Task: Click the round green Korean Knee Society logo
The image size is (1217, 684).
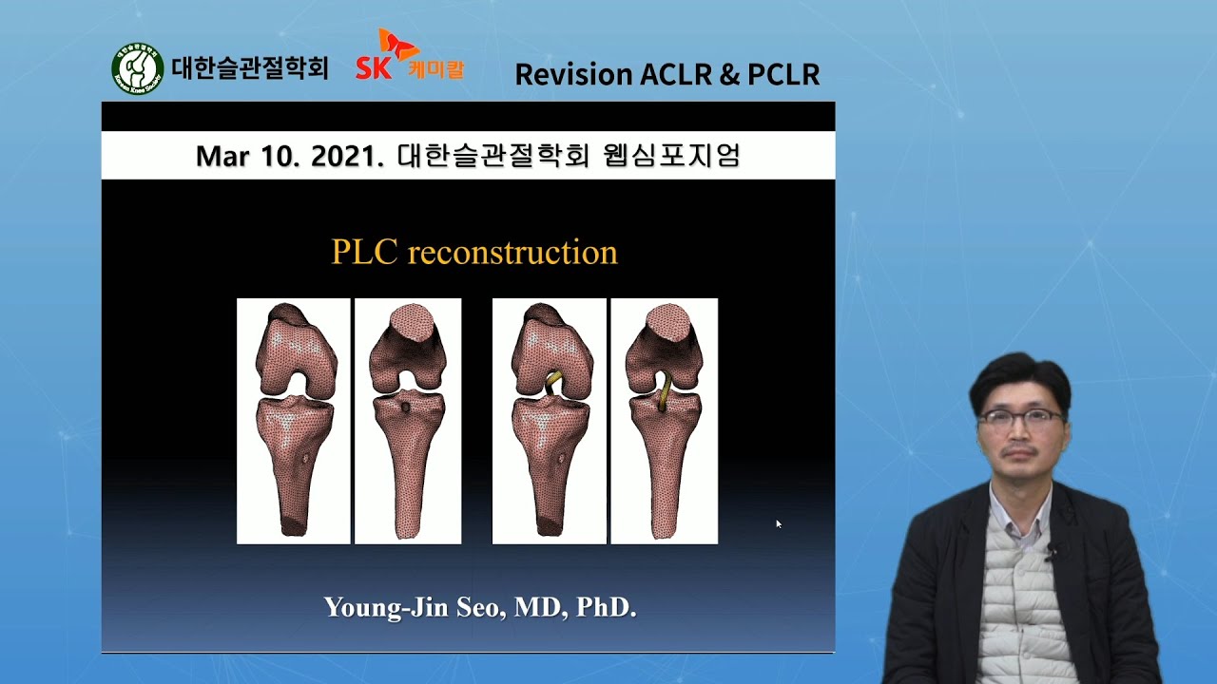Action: [x=138, y=69]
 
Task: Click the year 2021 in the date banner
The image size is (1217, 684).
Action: [x=341, y=156]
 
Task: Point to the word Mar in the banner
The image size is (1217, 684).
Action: [x=222, y=156]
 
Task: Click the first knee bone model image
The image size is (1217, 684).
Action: [x=293, y=421]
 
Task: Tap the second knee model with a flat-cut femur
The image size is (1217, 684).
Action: [x=408, y=421]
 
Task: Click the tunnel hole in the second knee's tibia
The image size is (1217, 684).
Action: [x=406, y=408]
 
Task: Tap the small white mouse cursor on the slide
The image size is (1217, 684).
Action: [x=779, y=523]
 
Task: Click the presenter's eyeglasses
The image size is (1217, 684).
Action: [x=1020, y=416]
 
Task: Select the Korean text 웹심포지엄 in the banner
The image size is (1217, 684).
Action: [x=671, y=156]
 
